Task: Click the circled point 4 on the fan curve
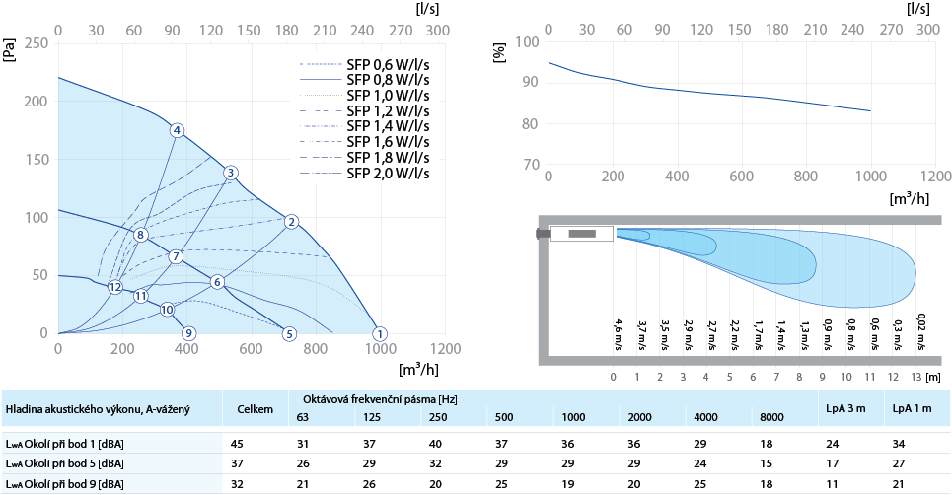click(x=177, y=130)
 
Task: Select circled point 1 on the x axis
click(x=381, y=333)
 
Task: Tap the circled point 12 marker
click(x=115, y=287)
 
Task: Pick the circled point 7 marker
click(x=176, y=256)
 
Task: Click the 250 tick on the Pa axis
click(x=36, y=43)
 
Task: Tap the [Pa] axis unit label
click(x=9, y=50)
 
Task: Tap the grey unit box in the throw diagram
click(x=582, y=234)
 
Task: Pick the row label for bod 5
click(x=64, y=463)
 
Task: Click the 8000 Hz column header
click(x=773, y=417)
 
